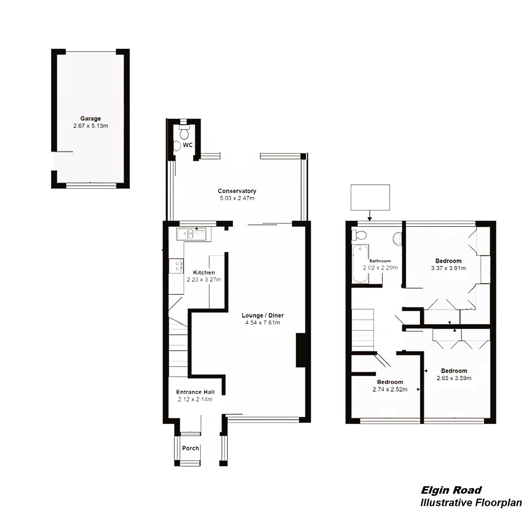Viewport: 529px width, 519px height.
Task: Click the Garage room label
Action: coord(90,119)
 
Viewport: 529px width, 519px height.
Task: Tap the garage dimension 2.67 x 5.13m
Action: coord(90,126)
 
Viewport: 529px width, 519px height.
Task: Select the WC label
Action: coord(188,145)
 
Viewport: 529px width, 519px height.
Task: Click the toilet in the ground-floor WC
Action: coord(184,132)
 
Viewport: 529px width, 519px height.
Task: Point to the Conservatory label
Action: coord(237,191)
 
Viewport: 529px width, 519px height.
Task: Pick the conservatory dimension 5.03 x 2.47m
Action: coord(237,198)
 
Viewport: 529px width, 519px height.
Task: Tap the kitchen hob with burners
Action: coord(179,266)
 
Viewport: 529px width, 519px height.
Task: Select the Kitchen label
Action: coord(204,272)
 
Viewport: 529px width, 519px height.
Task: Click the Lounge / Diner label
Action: coord(262,315)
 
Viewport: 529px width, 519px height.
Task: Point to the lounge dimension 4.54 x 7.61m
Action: coord(262,322)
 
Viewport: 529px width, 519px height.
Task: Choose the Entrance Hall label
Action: coord(195,392)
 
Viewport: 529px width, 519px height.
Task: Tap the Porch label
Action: coord(191,448)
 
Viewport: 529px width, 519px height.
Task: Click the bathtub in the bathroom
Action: coord(360,263)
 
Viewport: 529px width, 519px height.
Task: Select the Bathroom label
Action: coord(380,261)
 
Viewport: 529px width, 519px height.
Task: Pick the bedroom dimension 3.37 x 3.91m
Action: coord(448,268)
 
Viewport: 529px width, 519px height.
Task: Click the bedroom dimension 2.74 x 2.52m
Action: coord(390,389)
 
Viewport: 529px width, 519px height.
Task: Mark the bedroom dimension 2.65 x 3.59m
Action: coord(454,378)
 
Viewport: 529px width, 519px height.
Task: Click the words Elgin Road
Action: coord(451,490)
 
